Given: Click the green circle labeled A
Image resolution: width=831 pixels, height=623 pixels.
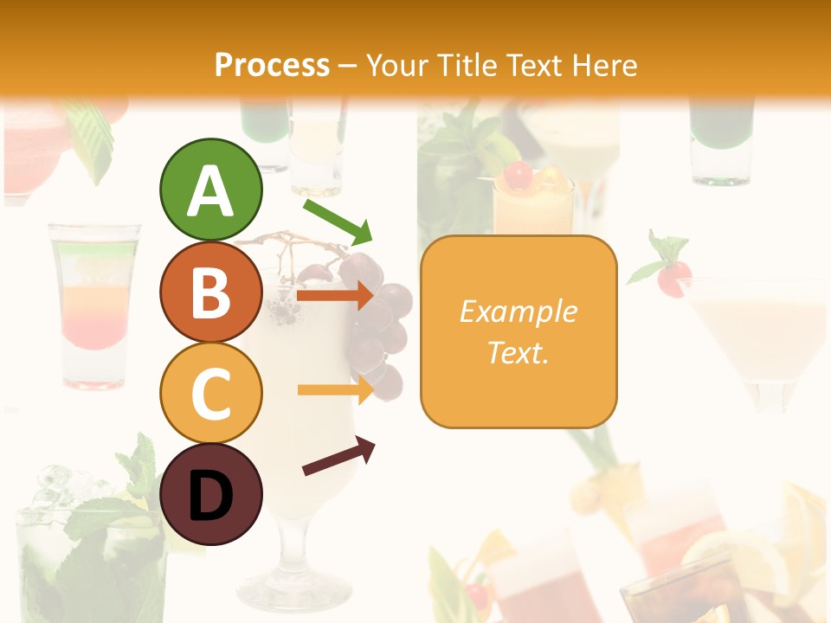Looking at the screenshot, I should click(210, 189).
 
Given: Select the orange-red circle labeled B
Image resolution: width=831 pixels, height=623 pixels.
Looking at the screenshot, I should click(210, 292).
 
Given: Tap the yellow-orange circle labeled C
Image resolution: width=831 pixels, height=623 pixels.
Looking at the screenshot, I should click(210, 394).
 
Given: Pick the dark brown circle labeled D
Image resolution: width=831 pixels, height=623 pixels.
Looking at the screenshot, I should click(210, 495).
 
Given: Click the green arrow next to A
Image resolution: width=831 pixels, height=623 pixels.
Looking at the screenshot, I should click(338, 222).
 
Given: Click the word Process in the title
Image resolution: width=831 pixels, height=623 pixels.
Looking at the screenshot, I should click(272, 65).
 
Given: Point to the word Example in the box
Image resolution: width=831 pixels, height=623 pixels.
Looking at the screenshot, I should click(518, 311).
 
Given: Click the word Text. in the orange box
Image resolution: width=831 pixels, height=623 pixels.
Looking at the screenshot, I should click(518, 352).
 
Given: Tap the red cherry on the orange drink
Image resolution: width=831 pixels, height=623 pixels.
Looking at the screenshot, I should click(518, 176).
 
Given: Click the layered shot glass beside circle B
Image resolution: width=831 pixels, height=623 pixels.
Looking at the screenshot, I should click(95, 303).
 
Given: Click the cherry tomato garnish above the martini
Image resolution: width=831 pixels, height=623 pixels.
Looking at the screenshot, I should click(673, 278).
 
